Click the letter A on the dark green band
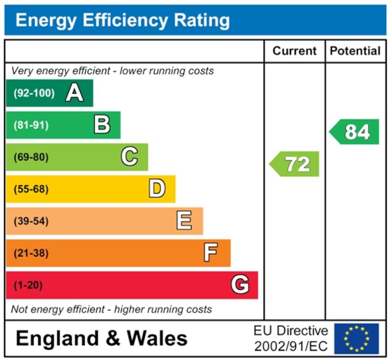[74, 93]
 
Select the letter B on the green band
[102, 125]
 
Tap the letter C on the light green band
[129, 157]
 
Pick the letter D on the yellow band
[157, 189]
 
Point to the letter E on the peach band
[184, 221]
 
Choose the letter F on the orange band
[211, 253]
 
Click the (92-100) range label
[34, 93]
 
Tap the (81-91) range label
[31, 125]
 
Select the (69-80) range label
[31, 157]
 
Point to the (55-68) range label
[31, 189]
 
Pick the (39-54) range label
[31, 221]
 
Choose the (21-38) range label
[31, 253]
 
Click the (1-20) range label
[28, 285]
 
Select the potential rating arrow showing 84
[355, 132]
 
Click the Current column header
[294, 51]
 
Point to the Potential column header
[355, 51]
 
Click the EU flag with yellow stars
[356, 338]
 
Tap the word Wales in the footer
[157, 338]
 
